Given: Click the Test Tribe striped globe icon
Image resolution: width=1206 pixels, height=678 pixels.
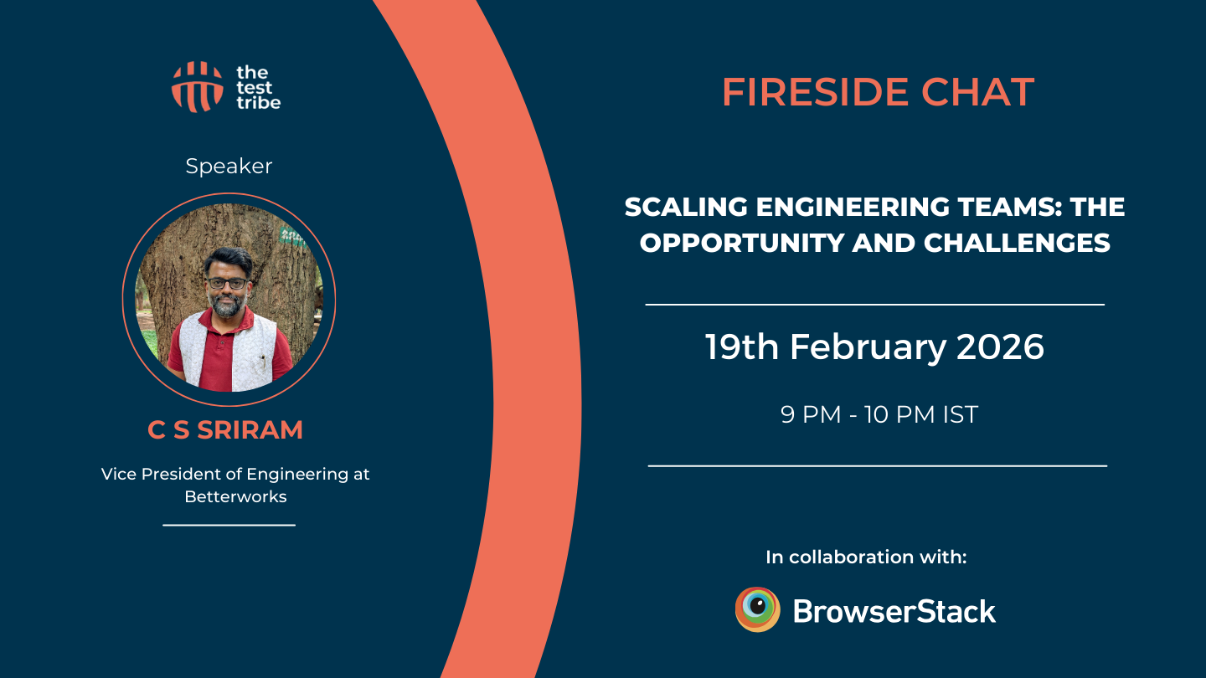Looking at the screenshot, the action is (x=197, y=87).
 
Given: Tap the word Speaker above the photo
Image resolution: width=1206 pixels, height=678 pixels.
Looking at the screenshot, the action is (x=229, y=167).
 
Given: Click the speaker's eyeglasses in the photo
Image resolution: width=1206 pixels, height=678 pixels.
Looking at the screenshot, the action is (x=227, y=283).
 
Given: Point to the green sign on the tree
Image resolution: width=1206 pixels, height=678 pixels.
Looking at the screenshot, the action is (x=291, y=236).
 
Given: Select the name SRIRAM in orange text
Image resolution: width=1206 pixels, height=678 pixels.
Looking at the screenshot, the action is (x=250, y=430).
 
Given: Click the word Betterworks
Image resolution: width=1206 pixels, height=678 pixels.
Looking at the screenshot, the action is (x=236, y=496).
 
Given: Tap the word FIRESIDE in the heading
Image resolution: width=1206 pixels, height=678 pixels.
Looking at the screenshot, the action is (x=816, y=92).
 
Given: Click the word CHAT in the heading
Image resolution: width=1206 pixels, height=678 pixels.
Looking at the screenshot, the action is (x=978, y=92).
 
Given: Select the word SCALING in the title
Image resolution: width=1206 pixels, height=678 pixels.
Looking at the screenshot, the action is (x=686, y=208).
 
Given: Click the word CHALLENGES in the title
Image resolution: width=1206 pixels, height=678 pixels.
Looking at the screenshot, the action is (x=1017, y=244).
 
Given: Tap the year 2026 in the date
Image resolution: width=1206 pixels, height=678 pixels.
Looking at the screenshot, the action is (x=1000, y=347).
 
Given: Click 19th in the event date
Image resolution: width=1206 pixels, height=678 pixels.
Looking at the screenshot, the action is (x=742, y=347).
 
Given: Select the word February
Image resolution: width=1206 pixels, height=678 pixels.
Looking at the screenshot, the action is (x=868, y=348).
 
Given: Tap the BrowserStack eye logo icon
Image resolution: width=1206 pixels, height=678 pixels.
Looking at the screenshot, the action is (x=757, y=609).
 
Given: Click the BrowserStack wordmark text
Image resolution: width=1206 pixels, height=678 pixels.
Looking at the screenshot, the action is (x=894, y=612).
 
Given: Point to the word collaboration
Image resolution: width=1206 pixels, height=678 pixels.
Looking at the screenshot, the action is (x=851, y=557).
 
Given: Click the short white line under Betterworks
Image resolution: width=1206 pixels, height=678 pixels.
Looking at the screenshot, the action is (x=229, y=525).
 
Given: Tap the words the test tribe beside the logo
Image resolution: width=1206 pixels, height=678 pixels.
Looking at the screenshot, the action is (x=259, y=87).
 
